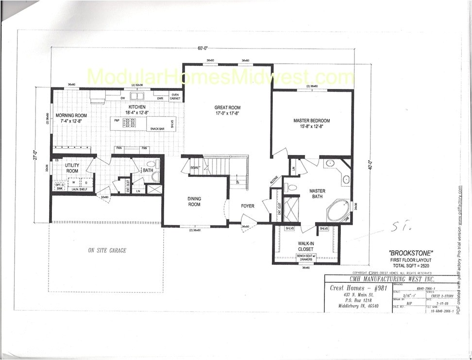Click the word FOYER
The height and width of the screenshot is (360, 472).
coord(248,206)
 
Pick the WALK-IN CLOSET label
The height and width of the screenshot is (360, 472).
coord(306,246)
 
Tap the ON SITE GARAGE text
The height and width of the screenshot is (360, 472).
coord(107,251)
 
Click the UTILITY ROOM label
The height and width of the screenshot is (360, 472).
coord(72,168)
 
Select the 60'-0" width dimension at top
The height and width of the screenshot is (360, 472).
coord(202,48)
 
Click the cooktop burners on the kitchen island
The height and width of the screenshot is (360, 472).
coord(129,122)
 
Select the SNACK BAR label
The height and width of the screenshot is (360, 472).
coord(157,128)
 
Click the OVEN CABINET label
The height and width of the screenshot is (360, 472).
coord(176,96)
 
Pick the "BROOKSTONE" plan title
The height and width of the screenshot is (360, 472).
coord(404,253)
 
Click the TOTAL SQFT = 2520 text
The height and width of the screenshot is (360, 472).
coord(404,267)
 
